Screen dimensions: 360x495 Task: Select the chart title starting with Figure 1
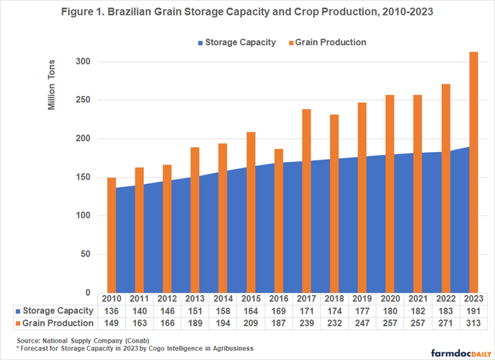pos(247,11)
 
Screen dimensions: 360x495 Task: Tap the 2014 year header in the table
pos(222,299)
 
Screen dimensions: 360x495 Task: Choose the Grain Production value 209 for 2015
pos(251,322)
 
